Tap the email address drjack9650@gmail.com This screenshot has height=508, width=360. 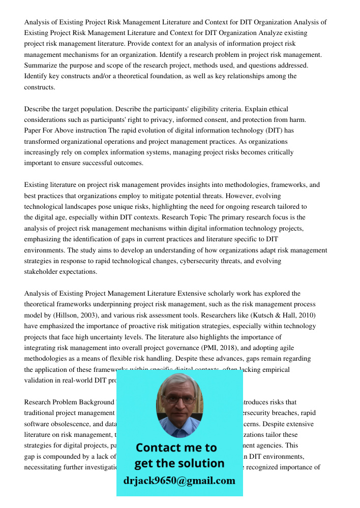click(179, 481)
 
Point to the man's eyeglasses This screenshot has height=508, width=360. click(179, 399)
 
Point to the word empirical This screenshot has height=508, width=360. click(274, 370)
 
